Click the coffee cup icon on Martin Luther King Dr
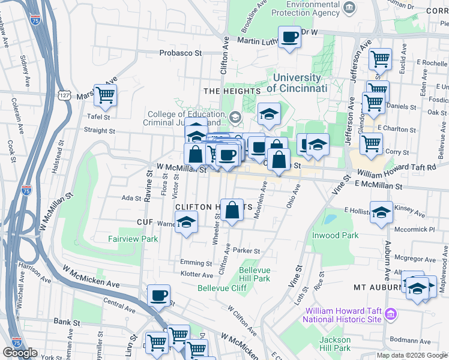pos(290,37)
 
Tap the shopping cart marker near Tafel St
pos(105,95)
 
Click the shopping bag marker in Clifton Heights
pos(232,210)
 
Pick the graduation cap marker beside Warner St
pos(187,223)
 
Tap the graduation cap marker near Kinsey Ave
pos(381,212)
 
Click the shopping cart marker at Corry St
pos(371,143)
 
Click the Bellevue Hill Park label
pos(255,274)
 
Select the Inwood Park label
pos(334,235)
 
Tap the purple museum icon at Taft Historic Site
pos(391,314)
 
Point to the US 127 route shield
pos(65,95)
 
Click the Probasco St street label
pos(180,53)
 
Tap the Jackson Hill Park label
pos(334,344)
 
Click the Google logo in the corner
pos(20,353)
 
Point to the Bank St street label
pos(67,322)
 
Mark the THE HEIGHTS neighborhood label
pos(232,91)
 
